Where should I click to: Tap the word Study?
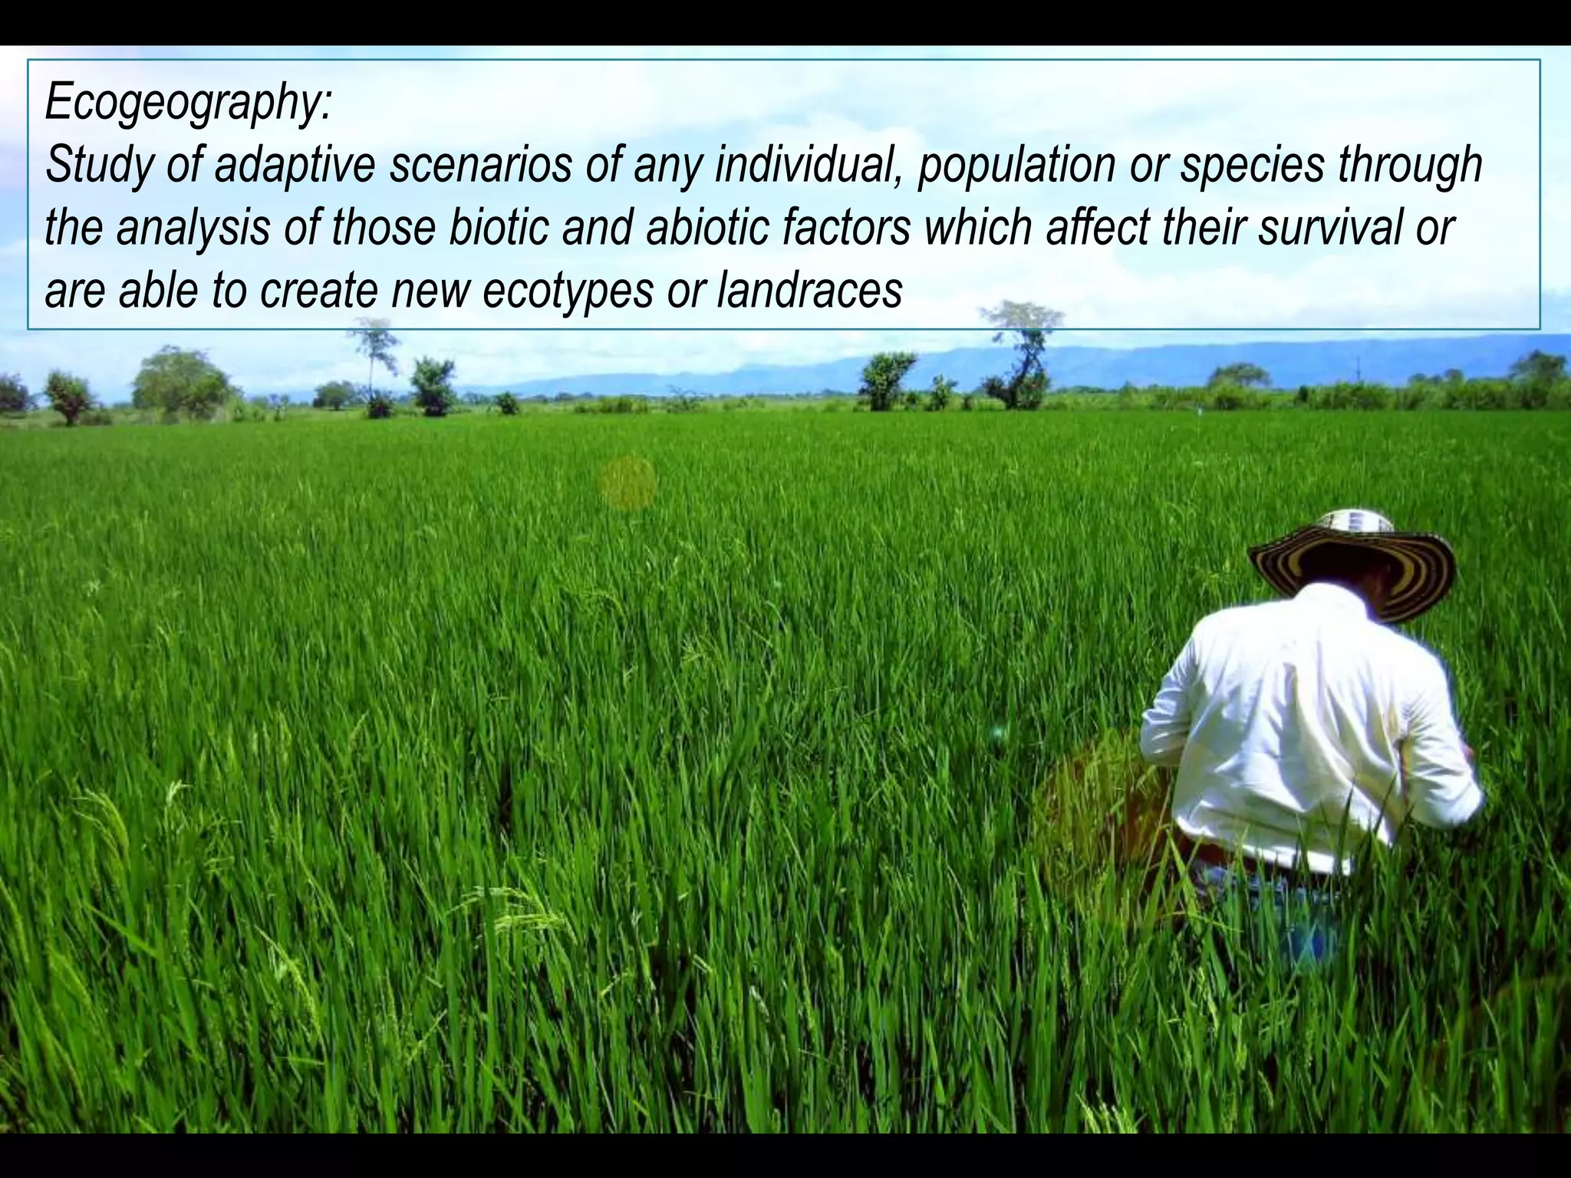coord(97,166)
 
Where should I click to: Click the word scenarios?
coord(480,164)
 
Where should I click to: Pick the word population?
coord(1016,166)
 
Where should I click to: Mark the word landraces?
coord(809,290)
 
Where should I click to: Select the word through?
coord(1410,166)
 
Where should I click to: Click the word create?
coord(319,291)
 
